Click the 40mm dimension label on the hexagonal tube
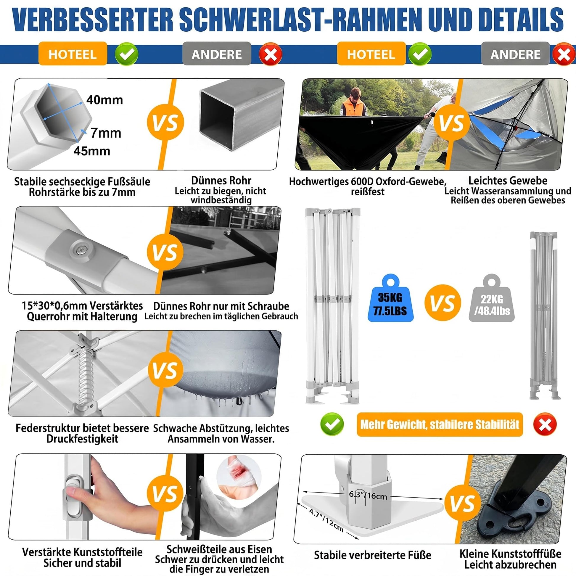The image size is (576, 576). coord(104,100)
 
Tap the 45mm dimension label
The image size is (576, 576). coord(92,151)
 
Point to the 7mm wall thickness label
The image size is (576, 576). coord(106,133)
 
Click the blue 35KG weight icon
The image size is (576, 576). coord(390,298)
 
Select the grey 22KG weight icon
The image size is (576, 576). coord(492,298)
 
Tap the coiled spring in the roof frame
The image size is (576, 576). coord(86,374)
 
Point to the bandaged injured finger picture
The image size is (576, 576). coord(239,476)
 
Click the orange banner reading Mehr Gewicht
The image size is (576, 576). coord(440,424)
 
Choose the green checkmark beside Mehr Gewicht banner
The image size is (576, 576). coord(332,424)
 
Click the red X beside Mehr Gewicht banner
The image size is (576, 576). coord(545,424)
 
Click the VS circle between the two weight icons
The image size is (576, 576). coord(443,302)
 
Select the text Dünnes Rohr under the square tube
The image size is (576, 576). coord(221,181)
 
